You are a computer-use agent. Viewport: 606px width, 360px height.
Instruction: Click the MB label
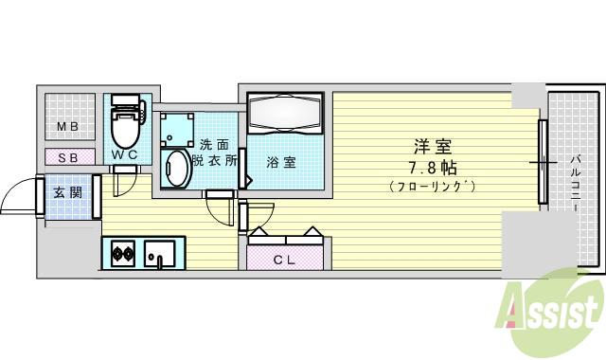66,127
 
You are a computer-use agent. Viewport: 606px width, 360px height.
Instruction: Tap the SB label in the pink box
67,156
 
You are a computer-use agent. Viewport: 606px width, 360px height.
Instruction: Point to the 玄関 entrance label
66,193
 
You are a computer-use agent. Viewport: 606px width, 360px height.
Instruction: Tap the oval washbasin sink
176,171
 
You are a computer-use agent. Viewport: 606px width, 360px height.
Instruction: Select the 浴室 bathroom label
280,162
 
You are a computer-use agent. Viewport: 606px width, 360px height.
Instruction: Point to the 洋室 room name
432,147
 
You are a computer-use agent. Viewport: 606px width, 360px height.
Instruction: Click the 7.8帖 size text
432,168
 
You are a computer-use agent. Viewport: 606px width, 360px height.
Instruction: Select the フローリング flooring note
432,187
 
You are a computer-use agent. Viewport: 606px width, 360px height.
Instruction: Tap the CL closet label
285,259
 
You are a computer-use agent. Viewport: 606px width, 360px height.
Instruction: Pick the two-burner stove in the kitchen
122,253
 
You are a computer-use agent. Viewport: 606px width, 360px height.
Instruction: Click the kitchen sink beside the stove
159,254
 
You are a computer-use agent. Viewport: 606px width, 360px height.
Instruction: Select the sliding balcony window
543,161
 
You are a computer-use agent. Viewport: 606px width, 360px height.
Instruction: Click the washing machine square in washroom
176,128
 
